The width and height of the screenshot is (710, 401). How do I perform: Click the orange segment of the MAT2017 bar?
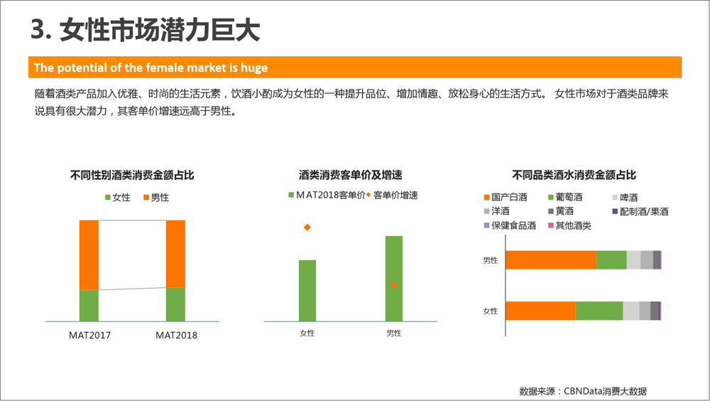[x=89, y=255]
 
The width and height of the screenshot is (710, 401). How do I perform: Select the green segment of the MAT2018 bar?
[x=175, y=304]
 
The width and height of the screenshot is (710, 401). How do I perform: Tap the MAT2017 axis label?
[x=89, y=335]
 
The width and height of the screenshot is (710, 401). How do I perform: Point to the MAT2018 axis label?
[x=176, y=335]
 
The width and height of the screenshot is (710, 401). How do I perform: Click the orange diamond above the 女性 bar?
[x=307, y=227]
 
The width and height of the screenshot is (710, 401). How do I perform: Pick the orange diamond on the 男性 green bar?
[x=394, y=284]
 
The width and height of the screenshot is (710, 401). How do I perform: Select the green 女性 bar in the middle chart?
[x=307, y=291]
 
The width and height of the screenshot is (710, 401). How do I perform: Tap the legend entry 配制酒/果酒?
[x=640, y=211]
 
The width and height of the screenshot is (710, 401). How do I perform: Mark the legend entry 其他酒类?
[x=569, y=225]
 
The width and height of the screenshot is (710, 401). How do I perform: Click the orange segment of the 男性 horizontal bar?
[x=551, y=260]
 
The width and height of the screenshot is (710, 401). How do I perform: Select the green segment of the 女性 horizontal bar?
[x=599, y=311]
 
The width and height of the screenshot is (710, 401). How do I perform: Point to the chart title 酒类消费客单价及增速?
[x=351, y=175]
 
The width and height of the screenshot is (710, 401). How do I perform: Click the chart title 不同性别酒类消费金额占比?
[x=132, y=175]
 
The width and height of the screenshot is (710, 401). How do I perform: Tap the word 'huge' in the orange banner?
[x=254, y=68]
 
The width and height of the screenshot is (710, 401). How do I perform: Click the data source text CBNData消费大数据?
[x=605, y=391]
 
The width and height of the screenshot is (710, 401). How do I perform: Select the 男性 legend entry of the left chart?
[x=156, y=198]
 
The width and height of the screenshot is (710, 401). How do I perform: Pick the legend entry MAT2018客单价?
[x=327, y=195]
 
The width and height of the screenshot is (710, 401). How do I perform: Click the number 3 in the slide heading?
[x=38, y=30]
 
